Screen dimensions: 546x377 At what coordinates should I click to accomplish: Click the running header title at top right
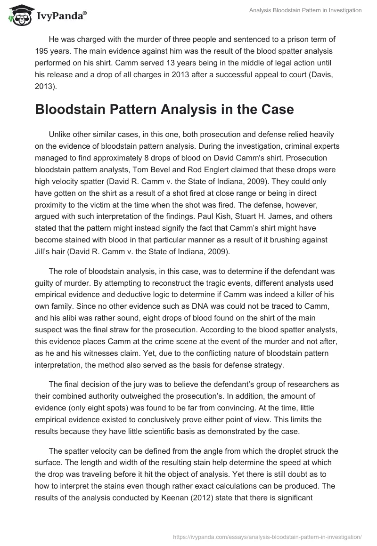[x=305, y=10]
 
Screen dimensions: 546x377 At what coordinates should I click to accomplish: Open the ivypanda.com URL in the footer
[x=268, y=536]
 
